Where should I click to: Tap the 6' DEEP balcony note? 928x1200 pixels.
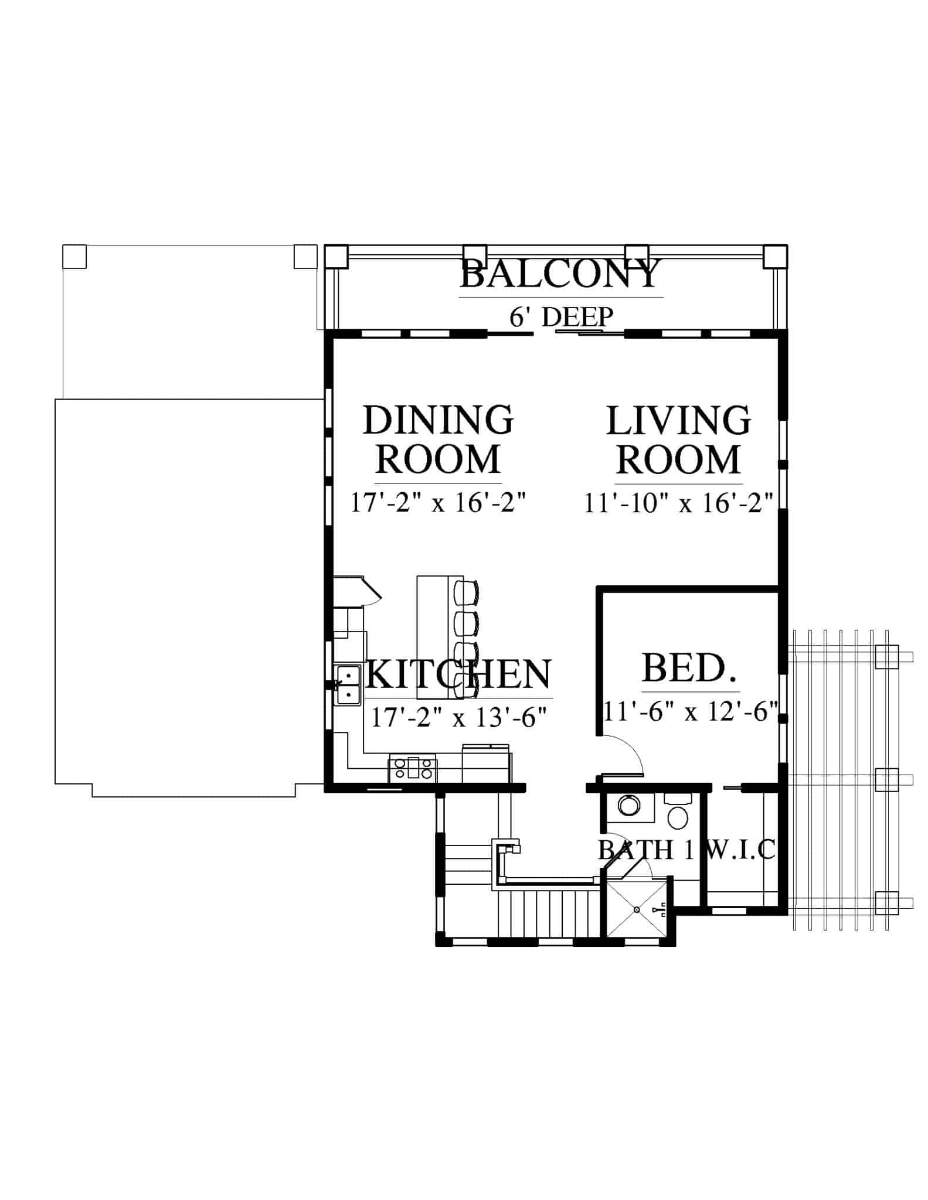(x=561, y=317)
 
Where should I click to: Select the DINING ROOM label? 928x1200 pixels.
(x=438, y=439)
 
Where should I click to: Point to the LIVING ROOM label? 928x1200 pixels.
(x=678, y=439)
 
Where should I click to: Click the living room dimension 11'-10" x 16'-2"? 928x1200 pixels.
(x=679, y=503)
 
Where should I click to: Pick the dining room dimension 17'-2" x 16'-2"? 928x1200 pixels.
(x=438, y=503)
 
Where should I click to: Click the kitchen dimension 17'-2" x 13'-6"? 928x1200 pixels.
(x=459, y=717)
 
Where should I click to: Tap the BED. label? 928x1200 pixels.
(x=689, y=668)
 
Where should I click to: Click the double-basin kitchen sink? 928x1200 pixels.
(x=348, y=685)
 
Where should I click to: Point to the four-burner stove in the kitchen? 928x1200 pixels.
(x=413, y=769)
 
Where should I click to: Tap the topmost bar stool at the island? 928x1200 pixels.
(x=467, y=592)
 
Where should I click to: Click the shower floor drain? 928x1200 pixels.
(x=636, y=909)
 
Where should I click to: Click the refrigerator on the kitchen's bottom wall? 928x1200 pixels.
(x=487, y=763)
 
